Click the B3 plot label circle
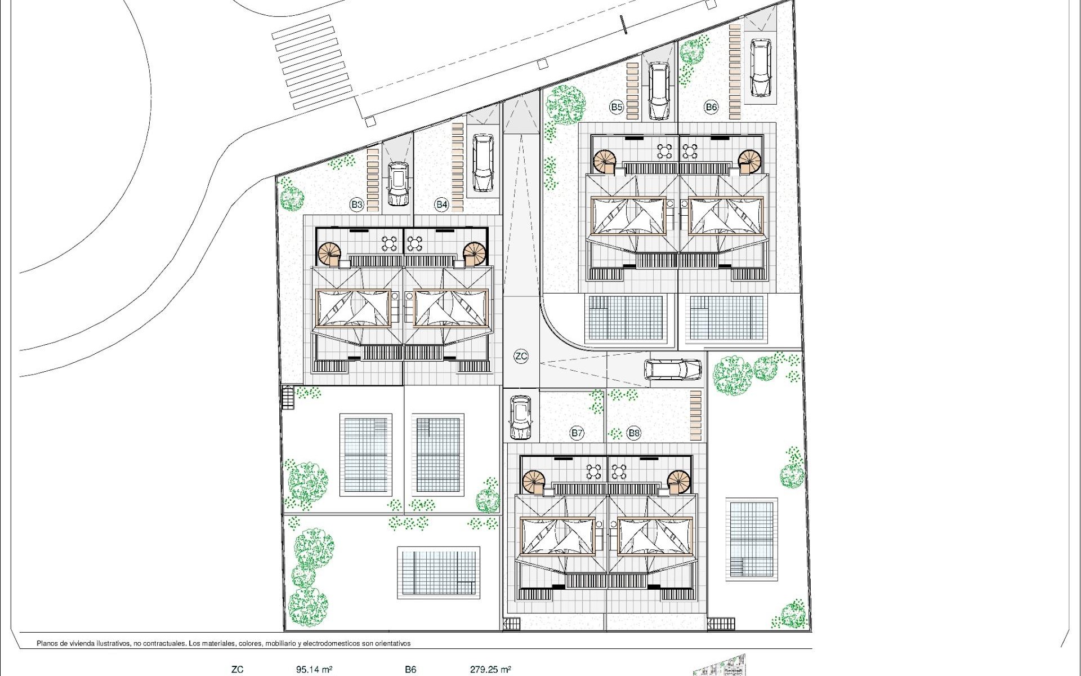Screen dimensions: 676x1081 (356, 204)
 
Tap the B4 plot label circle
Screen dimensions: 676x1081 (442, 204)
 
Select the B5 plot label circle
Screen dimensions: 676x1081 (617, 107)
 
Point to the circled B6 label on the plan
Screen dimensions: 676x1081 (711, 107)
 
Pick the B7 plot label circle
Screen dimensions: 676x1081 (577, 433)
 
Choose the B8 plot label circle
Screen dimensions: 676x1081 (634, 433)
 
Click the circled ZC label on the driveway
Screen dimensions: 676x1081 (521, 356)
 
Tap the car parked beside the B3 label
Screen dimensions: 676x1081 (398, 184)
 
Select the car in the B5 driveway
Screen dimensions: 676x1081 (658, 90)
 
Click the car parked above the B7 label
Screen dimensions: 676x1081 (520, 417)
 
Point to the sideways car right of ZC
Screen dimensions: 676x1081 (673, 370)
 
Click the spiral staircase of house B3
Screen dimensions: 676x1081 (329, 254)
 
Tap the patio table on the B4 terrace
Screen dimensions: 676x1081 (415, 243)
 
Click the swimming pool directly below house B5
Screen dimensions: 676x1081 (626, 318)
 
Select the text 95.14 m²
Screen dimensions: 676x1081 (314, 670)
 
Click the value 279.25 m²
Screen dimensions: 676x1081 (490, 670)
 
